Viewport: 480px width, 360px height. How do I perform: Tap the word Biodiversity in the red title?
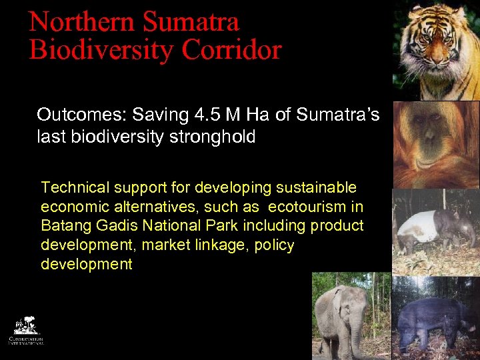tap(101, 50)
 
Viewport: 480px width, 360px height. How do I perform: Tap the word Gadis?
tap(113, 226)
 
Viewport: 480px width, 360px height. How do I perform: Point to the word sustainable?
tap(317, 188)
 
